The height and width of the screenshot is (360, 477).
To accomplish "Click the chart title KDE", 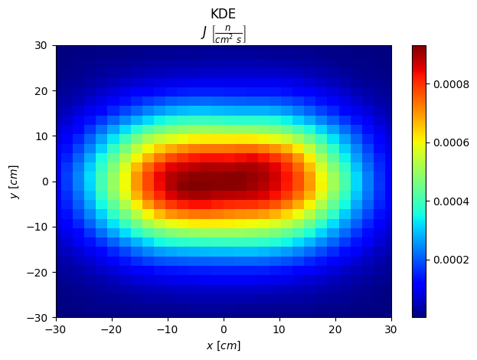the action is [x=224, y=14].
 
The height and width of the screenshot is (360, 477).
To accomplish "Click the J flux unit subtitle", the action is [x=224, y=34].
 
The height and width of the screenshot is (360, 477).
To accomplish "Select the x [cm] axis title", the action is [x=224, y=345].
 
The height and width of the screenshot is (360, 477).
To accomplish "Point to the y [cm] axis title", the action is [x=15, y=182].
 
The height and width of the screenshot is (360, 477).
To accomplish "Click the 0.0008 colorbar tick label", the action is [x=451, y=83].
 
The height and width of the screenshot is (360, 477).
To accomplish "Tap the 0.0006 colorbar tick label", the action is [x=451, y=142].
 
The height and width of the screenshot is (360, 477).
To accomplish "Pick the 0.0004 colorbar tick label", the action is [x=451, y=201].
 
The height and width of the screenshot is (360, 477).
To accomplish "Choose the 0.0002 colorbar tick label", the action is [x=451, y=260].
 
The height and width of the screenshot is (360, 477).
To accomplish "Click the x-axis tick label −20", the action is [x=112, y=329].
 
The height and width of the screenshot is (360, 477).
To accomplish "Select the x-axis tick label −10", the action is [x=168, y=329].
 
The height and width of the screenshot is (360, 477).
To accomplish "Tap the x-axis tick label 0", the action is [x=224, y=329].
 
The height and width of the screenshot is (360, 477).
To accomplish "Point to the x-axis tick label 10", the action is [x=279, y=329].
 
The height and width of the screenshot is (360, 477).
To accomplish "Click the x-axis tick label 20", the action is [x=335, y=329].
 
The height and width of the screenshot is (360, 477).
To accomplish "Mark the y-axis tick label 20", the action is [x=41, y=90].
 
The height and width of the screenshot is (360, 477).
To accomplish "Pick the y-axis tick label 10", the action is [x=41, y=136].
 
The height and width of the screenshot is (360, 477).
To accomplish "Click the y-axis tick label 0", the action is [x=45, y=182].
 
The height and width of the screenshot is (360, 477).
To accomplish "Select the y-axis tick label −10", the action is [x=38, y=227].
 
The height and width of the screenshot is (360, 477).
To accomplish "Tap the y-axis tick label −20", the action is [x=38, y=273].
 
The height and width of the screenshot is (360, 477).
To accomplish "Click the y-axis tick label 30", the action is [x=41, y=45].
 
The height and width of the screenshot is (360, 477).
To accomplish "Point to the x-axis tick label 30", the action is [x=391, y=329].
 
